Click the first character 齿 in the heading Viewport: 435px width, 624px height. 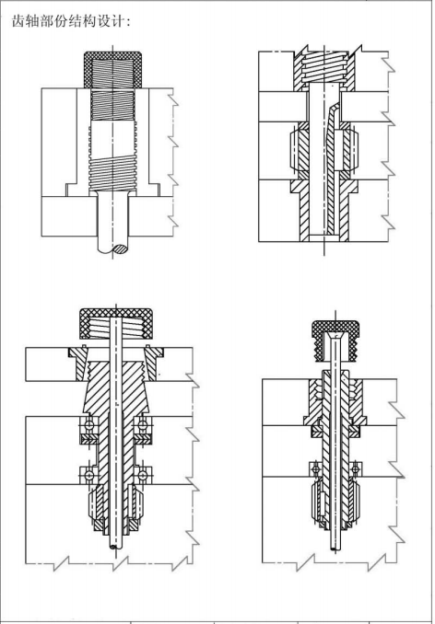tap(18, 21)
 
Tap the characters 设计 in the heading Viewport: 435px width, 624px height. tap(112, 21)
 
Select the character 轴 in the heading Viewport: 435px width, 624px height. tap(33, 21)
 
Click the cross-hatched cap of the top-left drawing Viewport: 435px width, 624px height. tap(112, 56)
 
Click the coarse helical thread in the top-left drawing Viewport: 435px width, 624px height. tap(112, 173)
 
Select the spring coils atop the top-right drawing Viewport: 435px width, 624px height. tap(323, 64)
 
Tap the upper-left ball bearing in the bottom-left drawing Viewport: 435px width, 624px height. tap(88, 425)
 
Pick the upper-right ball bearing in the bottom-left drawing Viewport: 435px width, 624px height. tap(143, 425)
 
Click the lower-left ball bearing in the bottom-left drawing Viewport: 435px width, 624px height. tap(88, 475)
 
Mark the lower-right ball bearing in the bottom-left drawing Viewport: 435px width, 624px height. tap(143, 475)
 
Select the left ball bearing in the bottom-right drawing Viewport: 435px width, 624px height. tap(316, 469)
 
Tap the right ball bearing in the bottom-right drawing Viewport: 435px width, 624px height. tap(356, 469)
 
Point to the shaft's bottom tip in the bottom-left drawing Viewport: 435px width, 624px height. tap(116, 549)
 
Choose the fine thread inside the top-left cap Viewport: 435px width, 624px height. tap(112, 73)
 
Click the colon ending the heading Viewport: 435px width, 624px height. tap(128, 22)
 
